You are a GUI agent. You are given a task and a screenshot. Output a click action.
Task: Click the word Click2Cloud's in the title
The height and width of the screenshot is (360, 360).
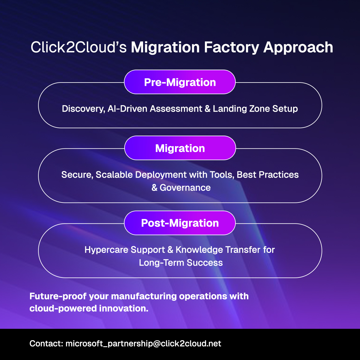coord(79,48)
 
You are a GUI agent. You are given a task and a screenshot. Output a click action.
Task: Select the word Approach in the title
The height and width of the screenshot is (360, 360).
coord(298,48)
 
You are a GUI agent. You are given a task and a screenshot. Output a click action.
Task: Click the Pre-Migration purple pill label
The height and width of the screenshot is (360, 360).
coord(180,82)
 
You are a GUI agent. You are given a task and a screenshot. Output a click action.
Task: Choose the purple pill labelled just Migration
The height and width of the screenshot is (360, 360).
coord(180,148)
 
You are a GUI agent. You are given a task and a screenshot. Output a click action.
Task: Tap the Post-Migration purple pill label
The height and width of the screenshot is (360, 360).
coord(180,223)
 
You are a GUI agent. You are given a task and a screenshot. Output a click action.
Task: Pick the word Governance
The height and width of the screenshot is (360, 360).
coord(185,188)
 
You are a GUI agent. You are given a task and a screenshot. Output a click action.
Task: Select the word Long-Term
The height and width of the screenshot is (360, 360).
coord(161,263)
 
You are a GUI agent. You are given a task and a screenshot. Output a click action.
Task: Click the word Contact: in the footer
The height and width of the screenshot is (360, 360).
coord(46,343)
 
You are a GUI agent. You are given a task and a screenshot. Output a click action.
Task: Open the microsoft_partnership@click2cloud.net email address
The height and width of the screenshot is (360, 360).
coord(143,343)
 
